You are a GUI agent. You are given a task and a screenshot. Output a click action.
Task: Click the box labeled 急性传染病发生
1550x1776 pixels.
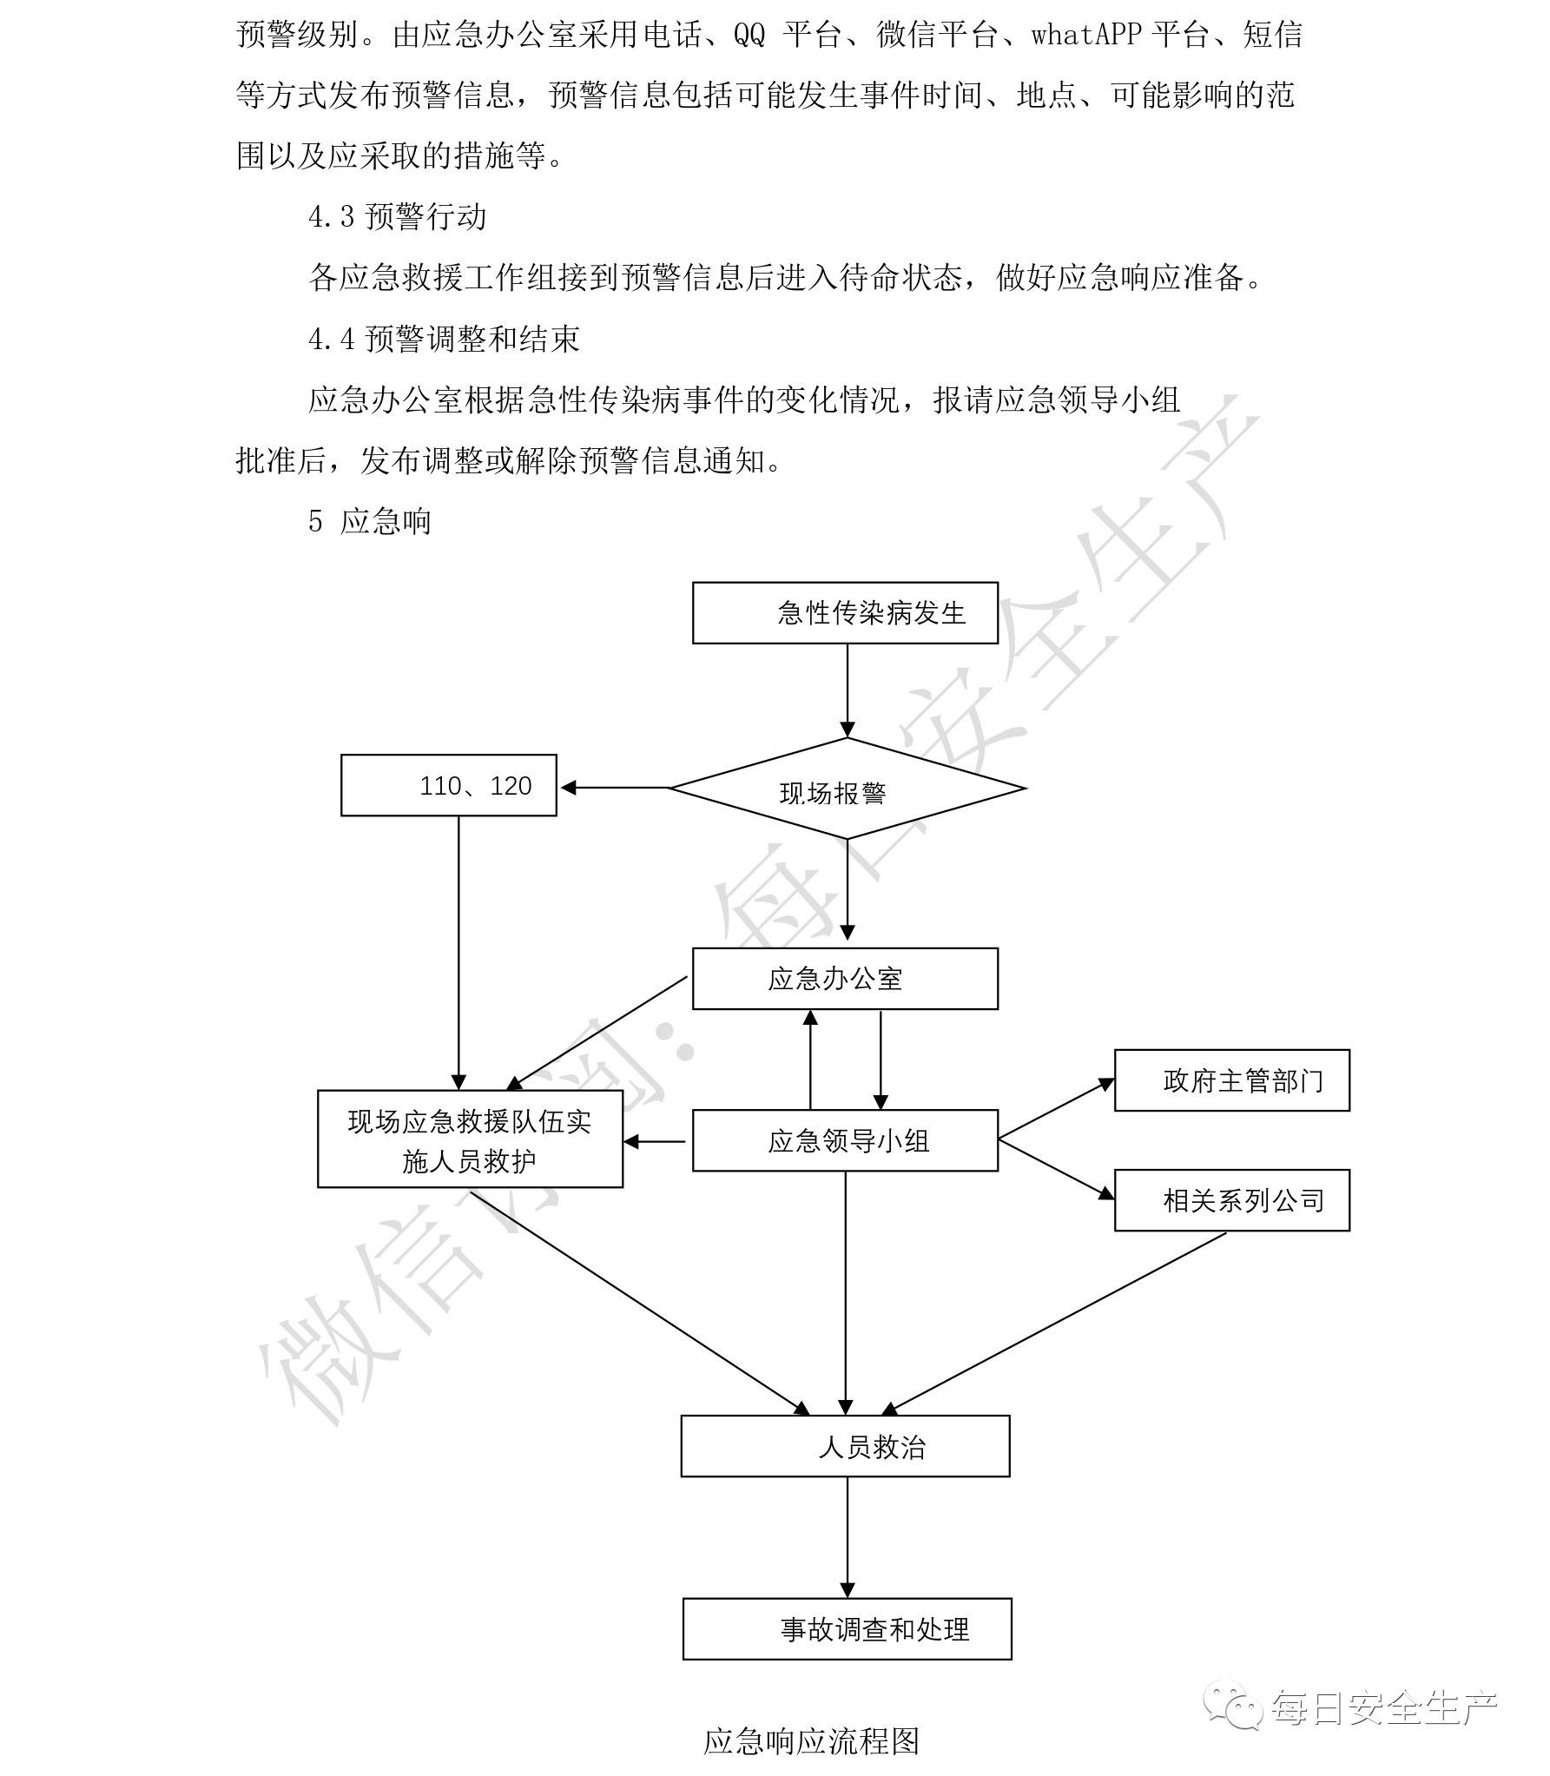[x=845, y=613]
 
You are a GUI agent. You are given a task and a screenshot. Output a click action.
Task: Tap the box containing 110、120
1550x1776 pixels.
[x=448, y=786]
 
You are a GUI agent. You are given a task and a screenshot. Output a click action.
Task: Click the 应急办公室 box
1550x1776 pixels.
[x=845, y=979]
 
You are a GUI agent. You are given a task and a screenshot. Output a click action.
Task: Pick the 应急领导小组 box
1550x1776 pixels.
[x=845, y=1140]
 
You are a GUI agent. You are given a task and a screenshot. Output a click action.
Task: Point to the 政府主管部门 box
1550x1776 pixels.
[x=1231, y=1080]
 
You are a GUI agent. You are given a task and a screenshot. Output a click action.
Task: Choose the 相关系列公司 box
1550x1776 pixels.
[x=1231, y=1200]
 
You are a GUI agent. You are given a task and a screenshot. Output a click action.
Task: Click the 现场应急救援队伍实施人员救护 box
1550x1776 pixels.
[x=470, y=1139]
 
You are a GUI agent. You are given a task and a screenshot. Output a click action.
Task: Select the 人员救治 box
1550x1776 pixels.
[x=845, y=1447]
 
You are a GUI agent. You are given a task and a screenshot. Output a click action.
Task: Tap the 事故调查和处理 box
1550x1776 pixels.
[x=847, y=1629]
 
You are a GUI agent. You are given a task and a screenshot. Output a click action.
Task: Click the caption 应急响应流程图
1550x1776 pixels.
[x=810, y=1740]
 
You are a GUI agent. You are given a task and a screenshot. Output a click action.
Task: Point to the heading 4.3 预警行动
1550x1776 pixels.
[x=397, y=217]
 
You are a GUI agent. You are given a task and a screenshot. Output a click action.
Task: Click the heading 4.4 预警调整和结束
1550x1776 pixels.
[x=444, y=339]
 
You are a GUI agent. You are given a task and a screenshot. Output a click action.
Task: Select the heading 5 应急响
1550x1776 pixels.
[x=370, y=521]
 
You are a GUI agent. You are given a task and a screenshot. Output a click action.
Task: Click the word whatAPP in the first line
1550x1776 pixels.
[x=1085, y=35]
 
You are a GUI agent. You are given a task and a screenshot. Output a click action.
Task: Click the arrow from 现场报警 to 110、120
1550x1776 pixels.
[x=615, y=788]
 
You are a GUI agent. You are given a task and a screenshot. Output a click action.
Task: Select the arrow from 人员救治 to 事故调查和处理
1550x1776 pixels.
[x=847, y=1536]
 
